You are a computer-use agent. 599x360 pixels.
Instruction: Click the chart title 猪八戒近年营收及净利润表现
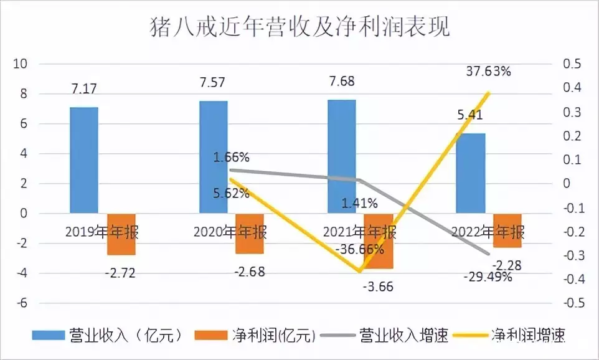click(299, 27)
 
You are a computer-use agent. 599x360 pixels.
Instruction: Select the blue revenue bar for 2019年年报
click(84, 160)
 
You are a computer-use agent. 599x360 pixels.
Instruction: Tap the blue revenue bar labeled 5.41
click(471, 173)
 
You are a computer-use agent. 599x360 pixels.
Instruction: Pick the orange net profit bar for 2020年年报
click(250, 234)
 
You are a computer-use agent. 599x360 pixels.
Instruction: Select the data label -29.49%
click(488, 277)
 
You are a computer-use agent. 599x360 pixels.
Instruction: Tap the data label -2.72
click(121, 272)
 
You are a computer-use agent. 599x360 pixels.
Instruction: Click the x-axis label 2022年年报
click(488, 232)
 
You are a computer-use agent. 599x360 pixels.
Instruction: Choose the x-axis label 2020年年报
click(230, 232)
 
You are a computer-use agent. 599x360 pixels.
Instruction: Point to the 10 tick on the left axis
click(21, 64)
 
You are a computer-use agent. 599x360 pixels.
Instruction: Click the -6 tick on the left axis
click(22, 303)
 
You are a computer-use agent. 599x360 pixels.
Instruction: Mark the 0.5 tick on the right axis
click(572, 64)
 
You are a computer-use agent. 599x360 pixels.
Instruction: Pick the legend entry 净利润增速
click(528, 335)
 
